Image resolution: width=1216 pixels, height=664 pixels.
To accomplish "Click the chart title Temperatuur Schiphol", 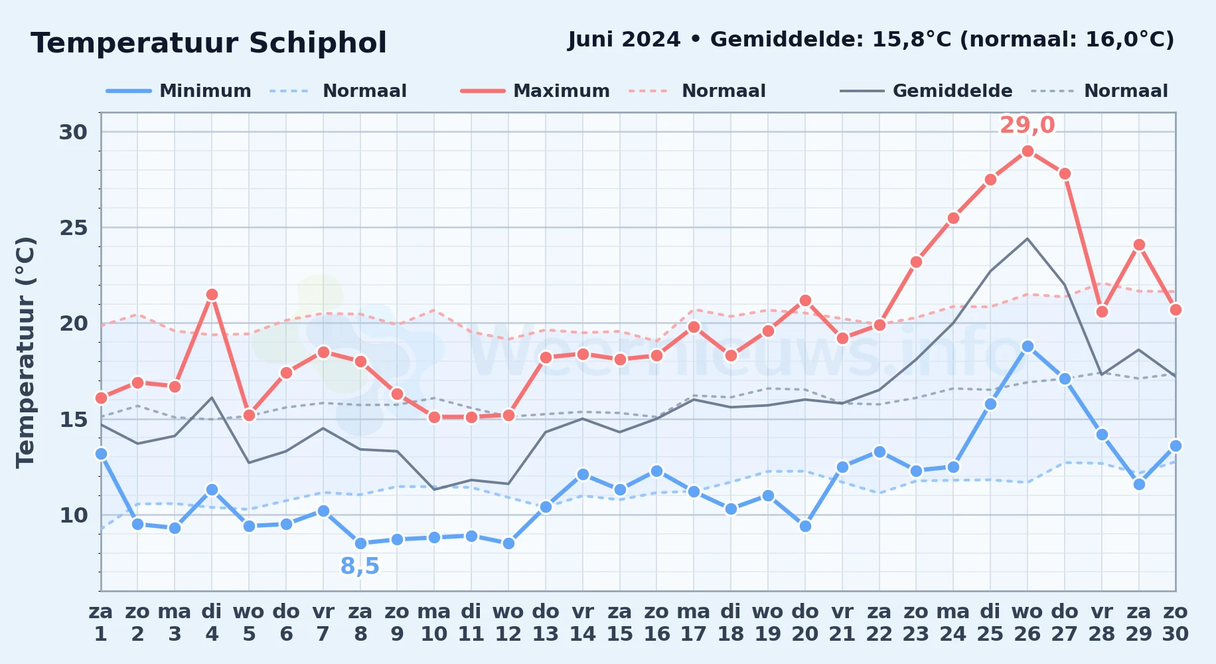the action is tap(208, 43).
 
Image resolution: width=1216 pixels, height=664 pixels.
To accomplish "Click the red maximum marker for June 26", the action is tap(1027, 151).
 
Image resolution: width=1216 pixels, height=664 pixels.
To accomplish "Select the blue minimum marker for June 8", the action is tap(360, 543).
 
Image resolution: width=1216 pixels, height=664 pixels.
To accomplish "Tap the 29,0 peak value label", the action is tap(1027, 125).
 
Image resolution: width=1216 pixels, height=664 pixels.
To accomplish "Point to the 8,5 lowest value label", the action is tap(360, 566).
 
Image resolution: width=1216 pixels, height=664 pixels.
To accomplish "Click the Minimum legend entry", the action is tap(179, 91).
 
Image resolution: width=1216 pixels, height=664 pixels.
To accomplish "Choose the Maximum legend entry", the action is tap(535, 91).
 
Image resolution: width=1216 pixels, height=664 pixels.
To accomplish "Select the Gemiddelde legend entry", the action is tap(926, 91).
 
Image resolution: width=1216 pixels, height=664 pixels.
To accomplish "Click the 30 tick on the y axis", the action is tap(73, 132).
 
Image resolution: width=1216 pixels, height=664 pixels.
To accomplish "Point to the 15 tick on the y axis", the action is tap(73, 420).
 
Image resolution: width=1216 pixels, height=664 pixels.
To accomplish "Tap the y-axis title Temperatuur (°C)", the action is tap(25, 352).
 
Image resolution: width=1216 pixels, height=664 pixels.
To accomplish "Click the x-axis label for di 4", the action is tap(212, 623).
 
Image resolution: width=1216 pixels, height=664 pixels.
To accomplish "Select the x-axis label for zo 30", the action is tap(1175, 623).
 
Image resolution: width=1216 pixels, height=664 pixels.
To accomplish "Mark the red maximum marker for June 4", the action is tap(212, 294).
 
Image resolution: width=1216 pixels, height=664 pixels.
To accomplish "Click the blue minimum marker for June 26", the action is tap(1027, 346).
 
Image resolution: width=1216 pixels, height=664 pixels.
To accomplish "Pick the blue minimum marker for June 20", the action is tap(805, 526).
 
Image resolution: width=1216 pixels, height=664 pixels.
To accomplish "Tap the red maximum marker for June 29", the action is tap(1139, 244).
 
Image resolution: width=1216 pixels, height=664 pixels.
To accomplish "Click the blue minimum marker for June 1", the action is tap(101, 454).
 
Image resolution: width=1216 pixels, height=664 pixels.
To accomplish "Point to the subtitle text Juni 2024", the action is tap(624, 40).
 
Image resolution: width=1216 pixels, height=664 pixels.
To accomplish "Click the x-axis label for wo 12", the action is tap(508, 623).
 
